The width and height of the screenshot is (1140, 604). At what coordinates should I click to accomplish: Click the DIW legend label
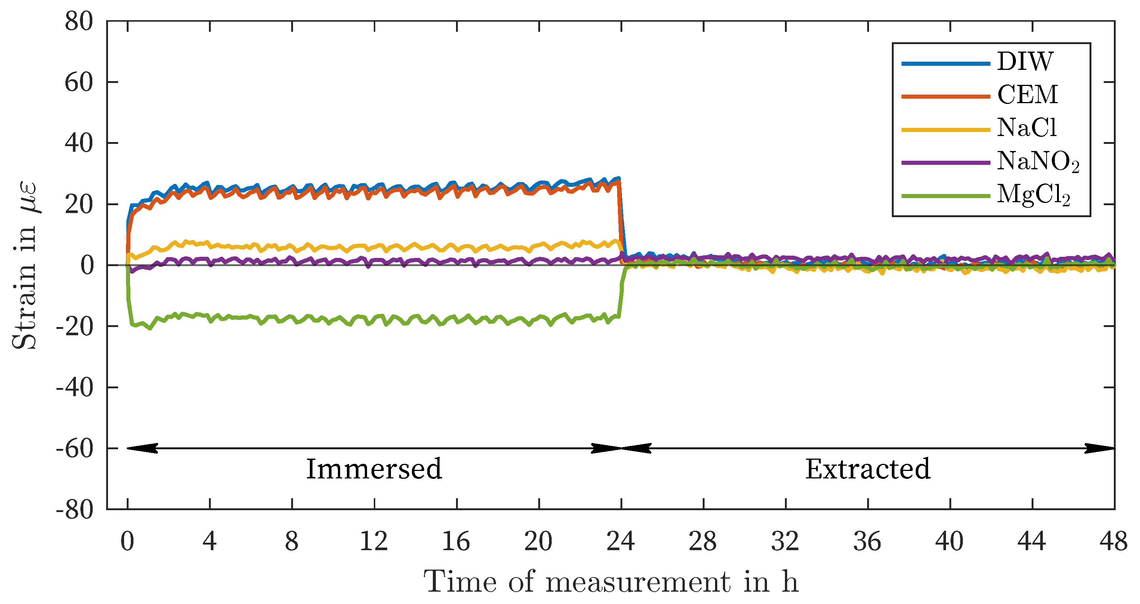1025,62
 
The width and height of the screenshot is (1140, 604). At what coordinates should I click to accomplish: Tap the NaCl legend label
1027,128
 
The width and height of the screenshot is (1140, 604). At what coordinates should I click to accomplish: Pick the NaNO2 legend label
1038,161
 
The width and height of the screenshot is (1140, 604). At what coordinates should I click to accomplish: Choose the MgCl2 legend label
1034,195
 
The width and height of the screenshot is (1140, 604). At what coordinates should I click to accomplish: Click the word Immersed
374,469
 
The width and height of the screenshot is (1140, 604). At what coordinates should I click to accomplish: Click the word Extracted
868,469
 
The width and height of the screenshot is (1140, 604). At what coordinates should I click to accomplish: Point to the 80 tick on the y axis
79,22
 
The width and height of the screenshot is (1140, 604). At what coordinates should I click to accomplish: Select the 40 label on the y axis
79,144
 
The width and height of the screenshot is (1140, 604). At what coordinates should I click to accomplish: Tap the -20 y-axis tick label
74,327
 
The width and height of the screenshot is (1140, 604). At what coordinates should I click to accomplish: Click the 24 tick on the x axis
621,542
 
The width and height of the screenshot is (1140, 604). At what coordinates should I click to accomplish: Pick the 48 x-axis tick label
1113,542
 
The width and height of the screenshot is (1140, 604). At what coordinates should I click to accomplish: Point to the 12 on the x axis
374,542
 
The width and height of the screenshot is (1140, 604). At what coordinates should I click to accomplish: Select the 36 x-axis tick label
868,542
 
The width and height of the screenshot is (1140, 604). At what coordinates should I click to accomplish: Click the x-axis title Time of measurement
611,582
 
